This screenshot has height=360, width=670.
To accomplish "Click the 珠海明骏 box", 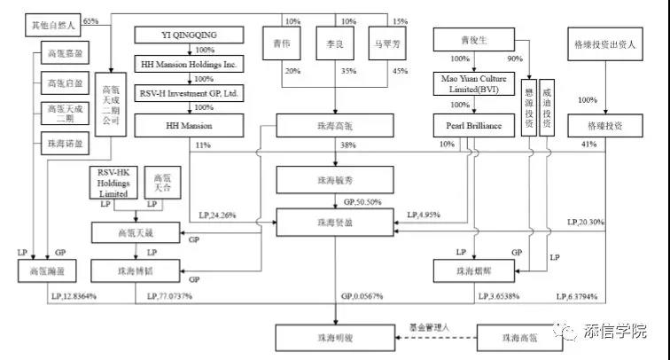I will tap(335, 338).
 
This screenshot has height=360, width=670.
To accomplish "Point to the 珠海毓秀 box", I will tap(335, 180).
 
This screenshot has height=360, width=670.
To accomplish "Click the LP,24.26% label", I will tap(217, 213).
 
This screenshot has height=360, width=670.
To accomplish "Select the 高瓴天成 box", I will tap(137, 232).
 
